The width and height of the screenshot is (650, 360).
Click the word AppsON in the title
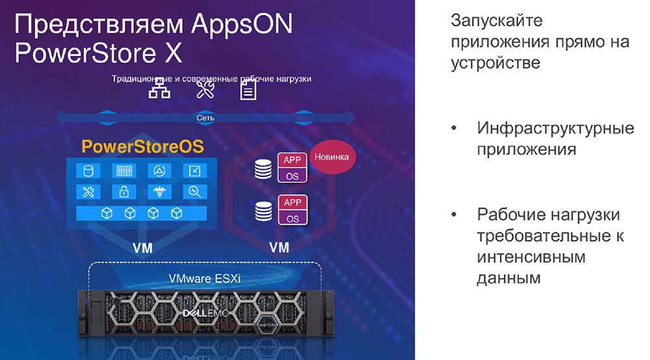click(x=242, y=25)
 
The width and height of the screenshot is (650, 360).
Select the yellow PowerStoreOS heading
click(x=142, y=147)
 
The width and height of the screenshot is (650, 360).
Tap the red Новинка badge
click(x=332, y=157)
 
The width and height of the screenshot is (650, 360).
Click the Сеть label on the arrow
click(x=205, y=118)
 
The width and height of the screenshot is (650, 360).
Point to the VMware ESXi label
click(x=204, y=278)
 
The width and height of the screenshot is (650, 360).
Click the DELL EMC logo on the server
click(x=205, y=313)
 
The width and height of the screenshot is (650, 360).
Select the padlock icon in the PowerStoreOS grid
click(x=124, y=192)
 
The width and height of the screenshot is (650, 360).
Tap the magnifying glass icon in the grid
click(x=195, y=192)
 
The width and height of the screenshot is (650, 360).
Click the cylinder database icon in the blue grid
click(x=88, y=171)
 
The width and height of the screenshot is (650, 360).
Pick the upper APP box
click(x=292, y=160)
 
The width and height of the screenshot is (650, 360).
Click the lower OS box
click(x=292, y=218)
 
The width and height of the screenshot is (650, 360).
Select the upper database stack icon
click(x=263, y=169)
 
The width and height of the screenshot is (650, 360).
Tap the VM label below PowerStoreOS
click(x=142, y=248)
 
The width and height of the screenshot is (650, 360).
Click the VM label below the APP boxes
click(x=279, y=248)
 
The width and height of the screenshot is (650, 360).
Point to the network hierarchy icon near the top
click(x=160, y=88)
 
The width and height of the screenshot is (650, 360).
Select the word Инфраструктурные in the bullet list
click(x=556, y=129)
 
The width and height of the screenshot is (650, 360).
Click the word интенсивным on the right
click(x=531, y=257)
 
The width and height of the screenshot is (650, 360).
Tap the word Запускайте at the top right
click(x=497, y=21)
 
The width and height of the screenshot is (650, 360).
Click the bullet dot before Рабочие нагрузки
click(x=454, y=214)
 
